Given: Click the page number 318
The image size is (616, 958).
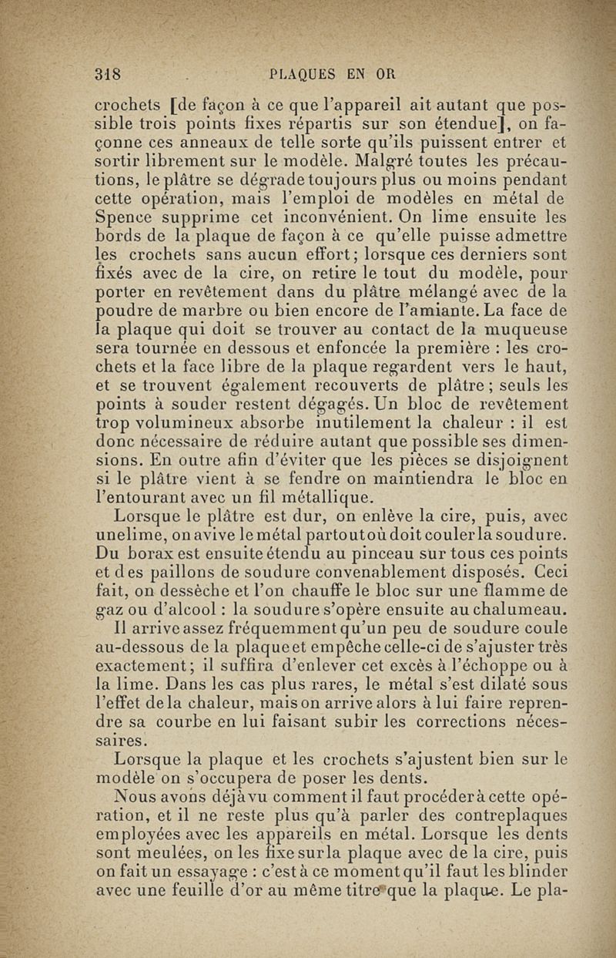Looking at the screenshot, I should click(x=109, y=75).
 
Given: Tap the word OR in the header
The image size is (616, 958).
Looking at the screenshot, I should click(x=386, y=75).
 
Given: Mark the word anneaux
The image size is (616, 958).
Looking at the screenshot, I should click(x=219, y=141).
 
